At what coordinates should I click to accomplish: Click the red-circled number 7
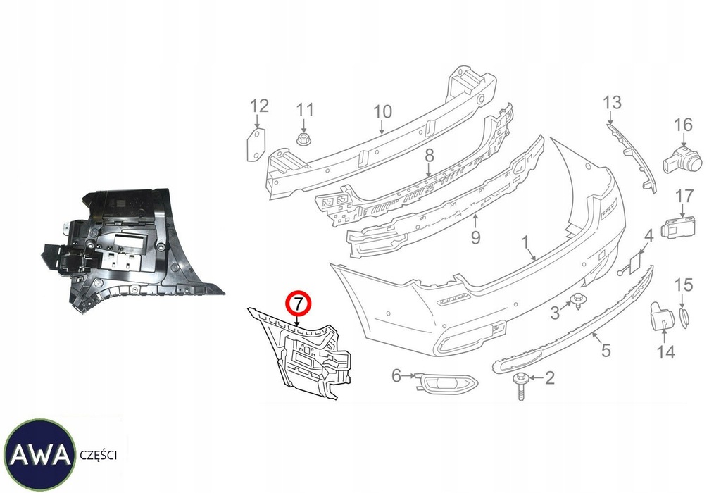click(x=297, y=305)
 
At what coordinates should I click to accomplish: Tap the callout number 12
click(x=259, y=106)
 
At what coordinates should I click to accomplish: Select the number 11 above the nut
click(x=304, y=110)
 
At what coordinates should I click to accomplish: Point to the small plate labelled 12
click(x=255, y=144)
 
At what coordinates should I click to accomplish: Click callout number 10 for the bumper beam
click(x=382, y=111)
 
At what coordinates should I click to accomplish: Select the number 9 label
click(x=475, y=238)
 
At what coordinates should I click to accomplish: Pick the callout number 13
click(x=612, y=103)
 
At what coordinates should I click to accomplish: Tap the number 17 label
click(x=684, y=195)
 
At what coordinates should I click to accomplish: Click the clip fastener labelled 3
click(x=579, y=301)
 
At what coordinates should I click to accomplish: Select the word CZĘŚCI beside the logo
click(x=98, y=456)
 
